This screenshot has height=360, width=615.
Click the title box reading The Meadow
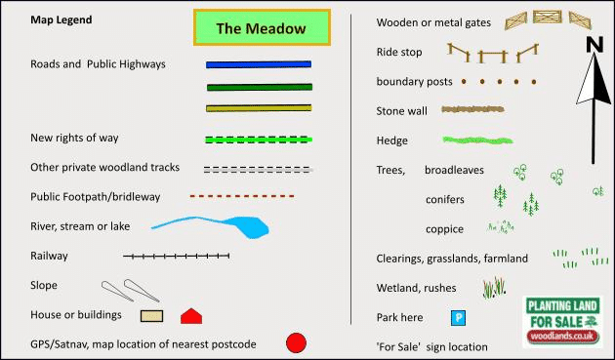tap(262, 27)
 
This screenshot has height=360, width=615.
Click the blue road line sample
tap(259, 64)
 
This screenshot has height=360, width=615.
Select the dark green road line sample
tap(260, 87)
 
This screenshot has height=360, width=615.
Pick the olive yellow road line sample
tap(259, 108)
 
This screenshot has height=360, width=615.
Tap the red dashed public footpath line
tap(242, 196)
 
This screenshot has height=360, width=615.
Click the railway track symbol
tap(176, 256)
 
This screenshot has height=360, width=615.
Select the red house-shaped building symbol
tap(191, 316)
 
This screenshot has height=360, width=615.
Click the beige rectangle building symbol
tap(151, 316)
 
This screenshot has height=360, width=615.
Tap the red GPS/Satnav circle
tap(296, 343)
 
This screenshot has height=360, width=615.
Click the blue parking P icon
tap(458, 318)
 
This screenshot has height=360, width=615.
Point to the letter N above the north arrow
tap(594, 44)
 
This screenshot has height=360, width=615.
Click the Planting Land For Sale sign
tap(562, 322)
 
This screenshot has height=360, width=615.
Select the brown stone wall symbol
tap(472, 109)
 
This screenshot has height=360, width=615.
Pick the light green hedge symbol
tap(477, 140)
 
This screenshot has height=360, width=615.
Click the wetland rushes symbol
tap(494, 288)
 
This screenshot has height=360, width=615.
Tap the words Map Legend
tap(61, 20)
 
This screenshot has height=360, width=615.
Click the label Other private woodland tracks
tap(105, 168)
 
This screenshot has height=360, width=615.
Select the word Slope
tap(44, 285)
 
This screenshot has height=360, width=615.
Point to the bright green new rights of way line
tap(259, 140)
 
